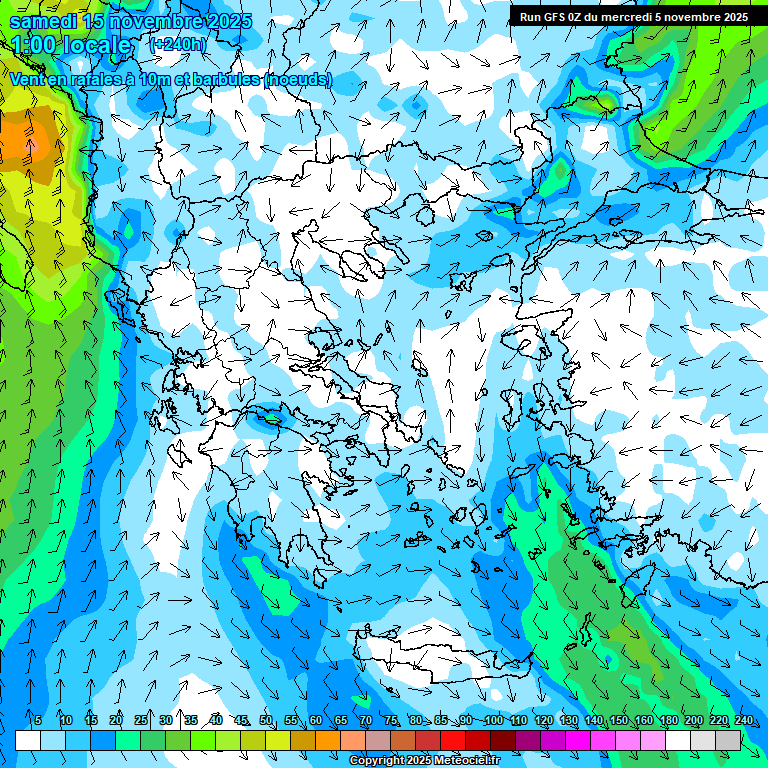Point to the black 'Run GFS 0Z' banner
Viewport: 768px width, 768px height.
tap(631, 17)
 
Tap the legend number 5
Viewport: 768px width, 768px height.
tap(38, 720)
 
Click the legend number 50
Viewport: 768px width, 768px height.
tap(266, 720)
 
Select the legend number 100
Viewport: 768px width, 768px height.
tap(493, 720)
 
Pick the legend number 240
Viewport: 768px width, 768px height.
tap(743, 720)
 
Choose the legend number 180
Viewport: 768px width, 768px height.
tap(668, 720)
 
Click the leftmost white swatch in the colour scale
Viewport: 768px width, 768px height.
tap(28, 740)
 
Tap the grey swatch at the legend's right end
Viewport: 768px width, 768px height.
tap(728, 740)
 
